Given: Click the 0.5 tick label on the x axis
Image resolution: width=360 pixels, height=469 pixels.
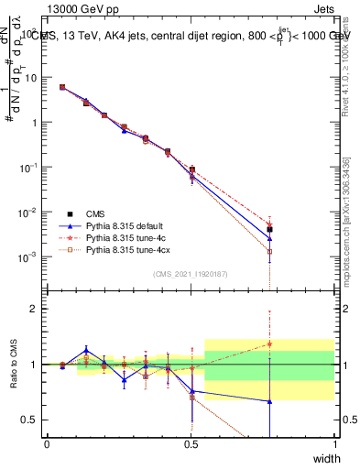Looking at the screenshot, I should [191, 443].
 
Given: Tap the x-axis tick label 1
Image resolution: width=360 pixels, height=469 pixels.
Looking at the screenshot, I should [335, 443].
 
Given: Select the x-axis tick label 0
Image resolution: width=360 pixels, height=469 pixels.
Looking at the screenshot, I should [47, 443].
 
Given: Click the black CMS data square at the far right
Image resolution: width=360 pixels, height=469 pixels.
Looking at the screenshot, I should [269, 230].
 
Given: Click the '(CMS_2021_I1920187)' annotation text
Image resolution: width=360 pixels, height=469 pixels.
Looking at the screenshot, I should [190, 274].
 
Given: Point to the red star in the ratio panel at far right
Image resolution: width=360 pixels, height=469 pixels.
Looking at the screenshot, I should [269, 344].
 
